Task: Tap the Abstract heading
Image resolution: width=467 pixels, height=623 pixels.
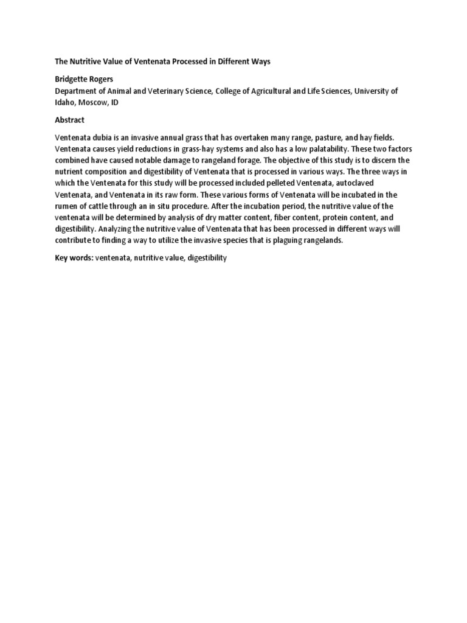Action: pyautogui.click(x=70, y=120)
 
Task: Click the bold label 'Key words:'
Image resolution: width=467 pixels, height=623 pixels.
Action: pyautogui.click(x=74, y=259)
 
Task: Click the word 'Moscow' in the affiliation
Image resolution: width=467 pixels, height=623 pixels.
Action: pyautogui.click(x=92, y=102)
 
